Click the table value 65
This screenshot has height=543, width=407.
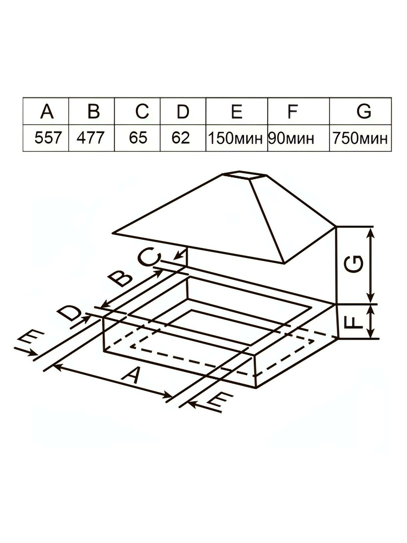[138, 138]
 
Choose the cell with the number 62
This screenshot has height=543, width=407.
[181, 138]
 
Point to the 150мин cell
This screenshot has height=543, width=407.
[236, 138]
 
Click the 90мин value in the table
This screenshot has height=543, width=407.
[291, 138]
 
